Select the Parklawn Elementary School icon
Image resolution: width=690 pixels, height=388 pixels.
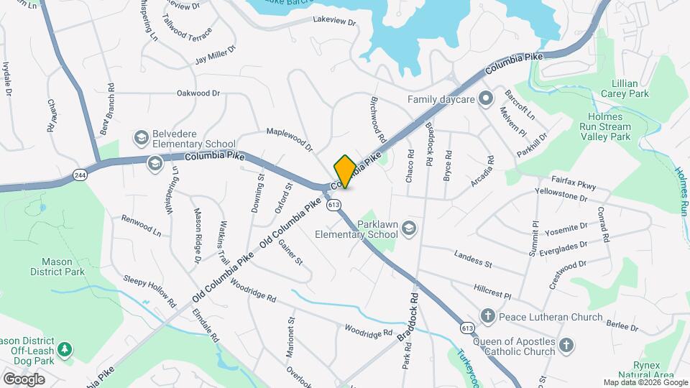pyautogui.click(x=409, y=228)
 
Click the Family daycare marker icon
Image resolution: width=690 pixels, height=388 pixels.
pyautogui.click(x=485, y=99)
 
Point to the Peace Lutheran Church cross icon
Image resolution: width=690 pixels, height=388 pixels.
pyautogui.click(x=487, y=316)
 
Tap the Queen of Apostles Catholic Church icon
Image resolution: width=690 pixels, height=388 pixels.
pyautogui.click(x=566, y=346)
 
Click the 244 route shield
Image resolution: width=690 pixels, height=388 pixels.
pyautogui.click(x=79, y=174)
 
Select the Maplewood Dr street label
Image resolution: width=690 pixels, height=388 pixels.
pyautogui.click(x=290, y=140)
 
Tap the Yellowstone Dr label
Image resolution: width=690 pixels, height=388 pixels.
pyautogui.click(x=563, y=194)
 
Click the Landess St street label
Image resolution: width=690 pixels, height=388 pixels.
pyautogui.click(x=473, y=259)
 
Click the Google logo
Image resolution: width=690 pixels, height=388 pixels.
pyautogui.click(x=24, y=379)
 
